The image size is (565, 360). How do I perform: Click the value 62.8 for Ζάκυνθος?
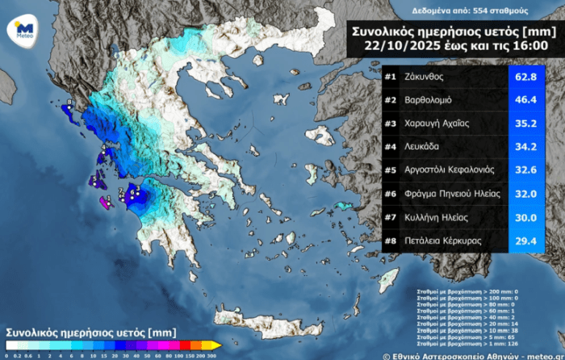click(x=525, y=77)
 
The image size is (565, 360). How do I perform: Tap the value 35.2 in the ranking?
click(x=525, y=123)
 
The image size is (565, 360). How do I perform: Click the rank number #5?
click(x=390, y=170)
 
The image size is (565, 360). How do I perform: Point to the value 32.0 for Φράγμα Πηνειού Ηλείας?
click(x=525, y=194)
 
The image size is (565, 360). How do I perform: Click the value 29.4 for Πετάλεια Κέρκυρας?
click(x=525, y=240)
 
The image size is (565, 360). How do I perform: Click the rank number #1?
click(x=390, y=77)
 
